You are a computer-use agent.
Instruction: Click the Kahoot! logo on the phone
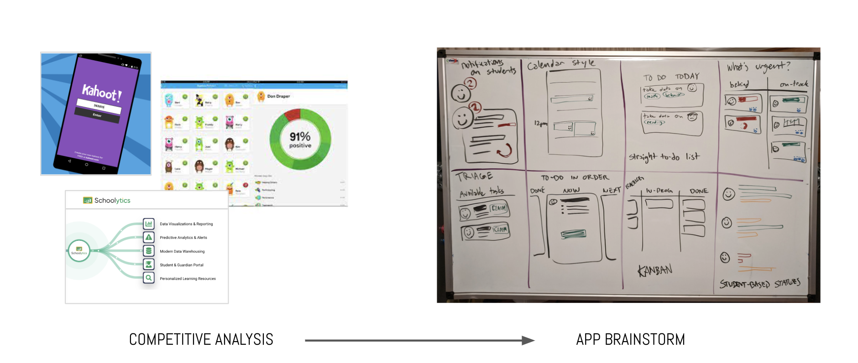pyautogui.click(x=102, y=92)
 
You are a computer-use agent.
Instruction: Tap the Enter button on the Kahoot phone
pyautogui.click(x=97, y=115)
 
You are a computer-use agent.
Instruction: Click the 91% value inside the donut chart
pyautogui.click(x=300, y=136)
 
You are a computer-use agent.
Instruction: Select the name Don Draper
pyautogui.click(x=278, y=96)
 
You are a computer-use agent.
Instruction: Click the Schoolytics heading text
pyautogui.click(x=112, y=200)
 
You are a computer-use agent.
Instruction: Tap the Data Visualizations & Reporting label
pyautogui.click(x=186, y=224)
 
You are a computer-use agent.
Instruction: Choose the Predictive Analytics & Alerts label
pyautogui.click(x=183, y=238)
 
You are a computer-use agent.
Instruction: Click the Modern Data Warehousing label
pyautogui.click(x=182, y=251)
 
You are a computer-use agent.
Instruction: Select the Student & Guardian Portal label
pyautogui.click(x=182, y=265)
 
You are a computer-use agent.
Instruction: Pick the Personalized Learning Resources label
pyautogui.click(x=188, y=279)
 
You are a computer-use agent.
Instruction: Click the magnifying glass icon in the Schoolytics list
pyautogui.click(x=149, y=278)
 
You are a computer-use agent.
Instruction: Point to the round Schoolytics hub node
pyautogui.click(x=79, y=251)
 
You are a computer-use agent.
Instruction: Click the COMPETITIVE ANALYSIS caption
pyautogui.click(x=201, y=340)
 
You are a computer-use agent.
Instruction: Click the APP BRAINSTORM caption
pyautogui.click(x=630, y=340)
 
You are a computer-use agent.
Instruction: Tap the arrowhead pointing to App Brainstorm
pyautogui.click(x=528, y=340)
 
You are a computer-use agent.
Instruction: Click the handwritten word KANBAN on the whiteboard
pyautogui.click(x=655, y=270)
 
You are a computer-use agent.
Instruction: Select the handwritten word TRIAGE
pyautogui.click(x=474, y=176)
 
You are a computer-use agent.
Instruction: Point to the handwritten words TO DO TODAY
pyautogui.click(x=671, y=77)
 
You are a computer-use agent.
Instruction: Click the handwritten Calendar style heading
pyautogui.click(x=561, y=64)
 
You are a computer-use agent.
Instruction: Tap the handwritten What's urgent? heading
pyautogui.click(x=758, y=67)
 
